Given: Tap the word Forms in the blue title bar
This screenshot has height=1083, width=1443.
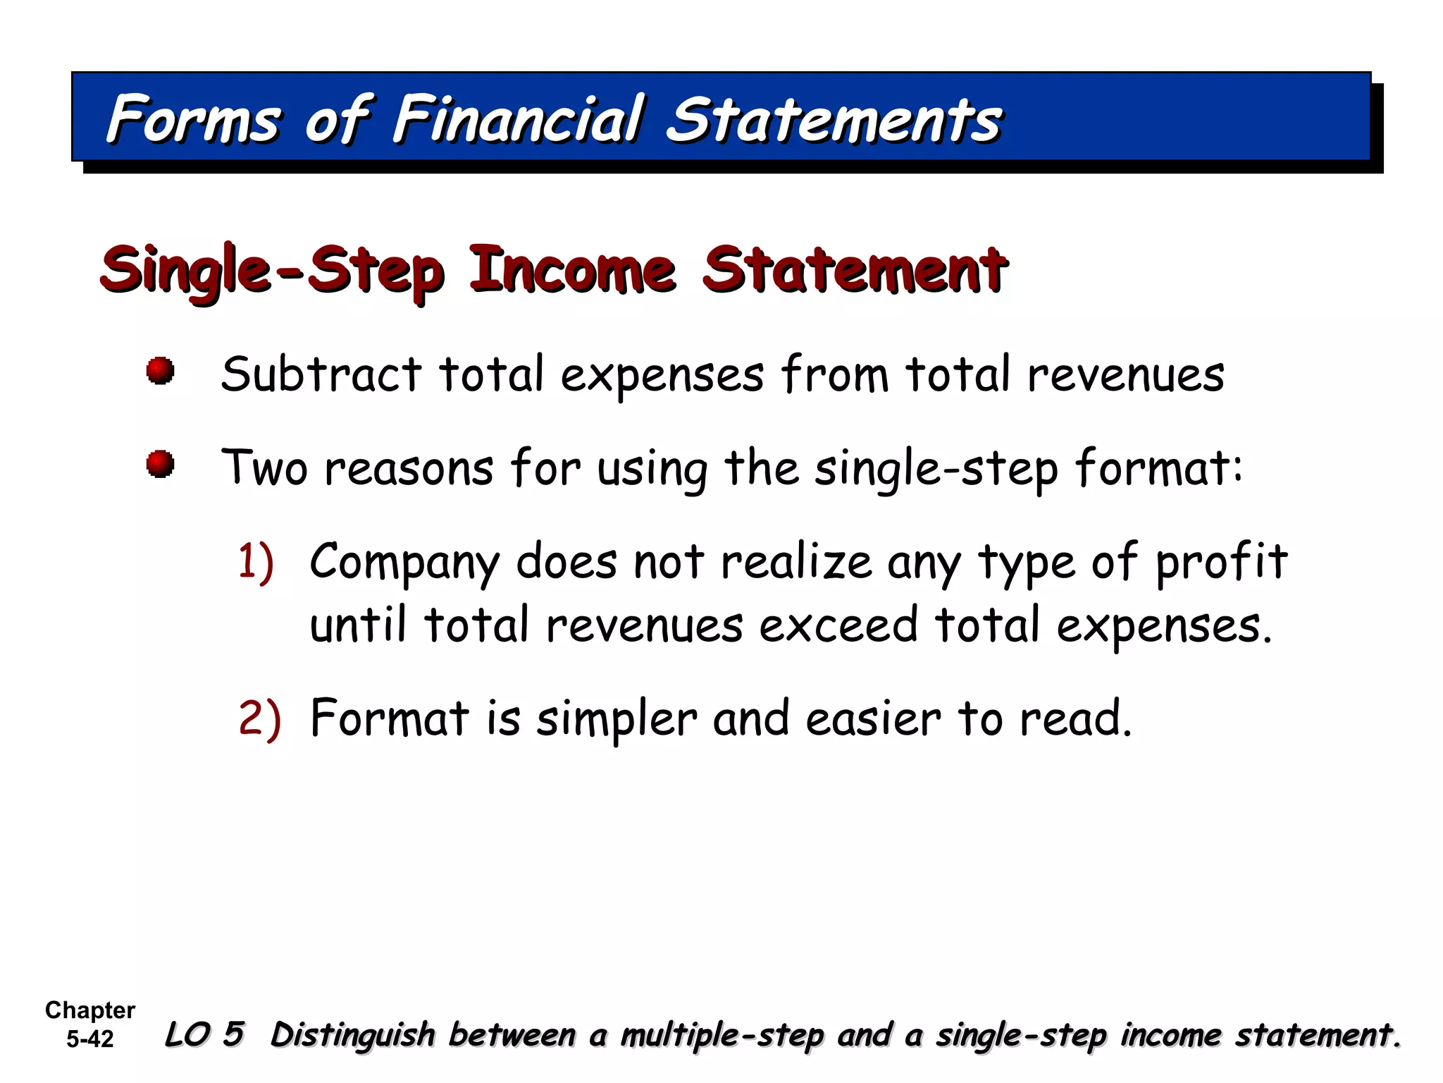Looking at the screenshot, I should click(x=194, y=119).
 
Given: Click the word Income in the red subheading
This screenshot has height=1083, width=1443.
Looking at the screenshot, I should click(x=572, y=270).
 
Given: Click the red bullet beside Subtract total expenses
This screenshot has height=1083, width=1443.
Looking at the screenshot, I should click(x=161, y=371).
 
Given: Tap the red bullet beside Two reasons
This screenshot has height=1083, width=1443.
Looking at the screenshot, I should click(x=161, y=464).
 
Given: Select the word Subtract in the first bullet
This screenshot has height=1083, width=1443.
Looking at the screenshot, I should click(x=321, y=374).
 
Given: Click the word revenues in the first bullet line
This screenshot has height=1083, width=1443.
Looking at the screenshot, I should click(x=1125, y=376).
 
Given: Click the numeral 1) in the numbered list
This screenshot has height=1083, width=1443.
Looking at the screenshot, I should click(x=256, y=563).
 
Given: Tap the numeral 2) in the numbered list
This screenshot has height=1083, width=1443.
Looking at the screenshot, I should click(x=259, y=719).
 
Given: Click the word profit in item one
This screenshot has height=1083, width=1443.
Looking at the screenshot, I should click(x=1222, y=563).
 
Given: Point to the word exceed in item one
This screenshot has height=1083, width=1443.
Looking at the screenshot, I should click(x=838, y=626).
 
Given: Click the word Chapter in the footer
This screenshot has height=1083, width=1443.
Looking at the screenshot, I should click(x=90, y=1010).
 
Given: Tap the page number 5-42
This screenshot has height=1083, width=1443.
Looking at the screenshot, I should click(x=90, y=1039).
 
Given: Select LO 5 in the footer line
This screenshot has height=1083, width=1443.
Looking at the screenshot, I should click(x=204, y=1034).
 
